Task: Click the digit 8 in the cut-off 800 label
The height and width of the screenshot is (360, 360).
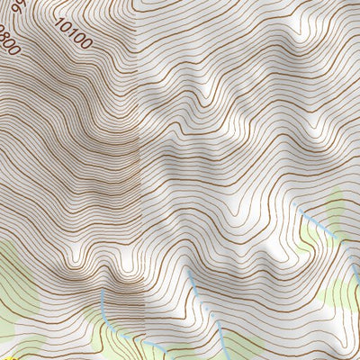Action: [5, 35]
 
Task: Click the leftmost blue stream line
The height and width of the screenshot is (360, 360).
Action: [105, 310]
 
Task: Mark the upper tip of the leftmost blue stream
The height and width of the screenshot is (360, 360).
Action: [102, 290]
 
